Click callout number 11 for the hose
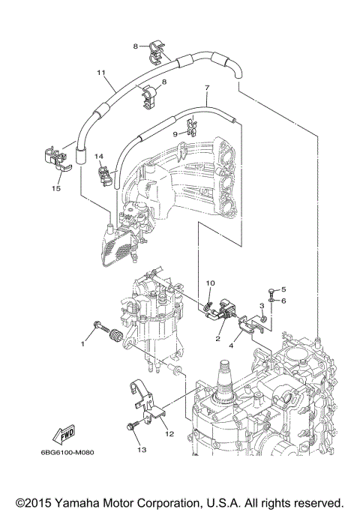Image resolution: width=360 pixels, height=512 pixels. pos(99,73)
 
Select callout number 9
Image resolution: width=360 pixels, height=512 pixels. pos(175,134)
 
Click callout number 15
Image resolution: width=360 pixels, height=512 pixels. pos(56,189)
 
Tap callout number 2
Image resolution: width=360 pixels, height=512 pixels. pos(217,339)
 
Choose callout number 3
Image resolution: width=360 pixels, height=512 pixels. pos(262,306)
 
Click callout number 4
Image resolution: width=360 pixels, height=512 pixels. pos(232,346)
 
